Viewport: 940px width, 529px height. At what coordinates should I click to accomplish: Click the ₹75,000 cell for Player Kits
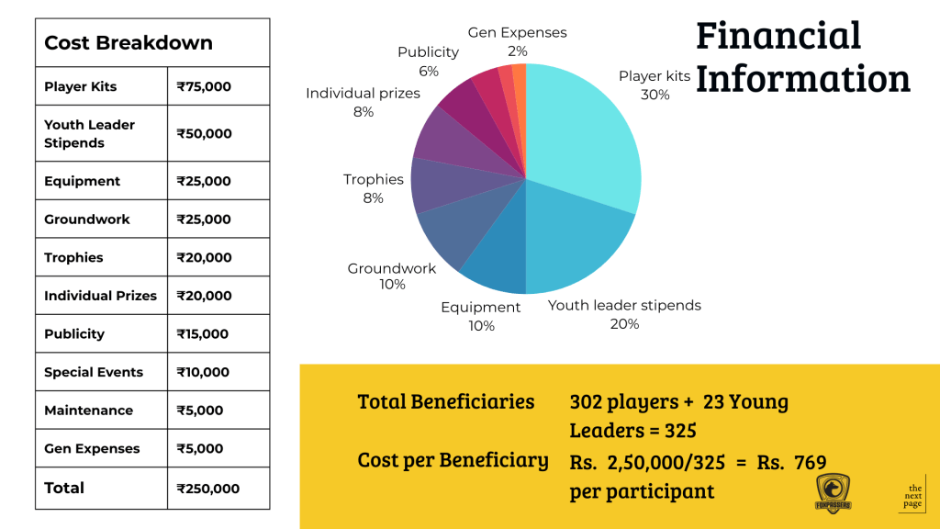tap(204, 87)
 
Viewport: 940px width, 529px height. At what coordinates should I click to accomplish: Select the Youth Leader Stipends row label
tap(89, 133)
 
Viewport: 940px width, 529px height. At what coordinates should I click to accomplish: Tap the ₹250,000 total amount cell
tap(207, 489)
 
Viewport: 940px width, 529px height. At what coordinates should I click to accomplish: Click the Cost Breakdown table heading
tap(129, 43)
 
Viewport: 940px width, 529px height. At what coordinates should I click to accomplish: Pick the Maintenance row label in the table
tap(88, 411)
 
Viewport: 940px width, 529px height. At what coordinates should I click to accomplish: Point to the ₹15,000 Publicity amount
tap(202, 334)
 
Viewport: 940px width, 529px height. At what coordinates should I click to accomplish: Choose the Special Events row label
tap(94, 372)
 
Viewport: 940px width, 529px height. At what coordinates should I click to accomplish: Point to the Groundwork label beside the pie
tap(391, 269)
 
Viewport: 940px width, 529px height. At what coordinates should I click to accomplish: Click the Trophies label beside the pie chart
tap(374, 179)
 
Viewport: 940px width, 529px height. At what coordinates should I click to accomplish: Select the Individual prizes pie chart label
tap(363, 94)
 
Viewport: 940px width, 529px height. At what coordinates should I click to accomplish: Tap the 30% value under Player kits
tap(655, 95)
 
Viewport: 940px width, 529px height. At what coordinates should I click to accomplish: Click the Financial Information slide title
tap(801, 57)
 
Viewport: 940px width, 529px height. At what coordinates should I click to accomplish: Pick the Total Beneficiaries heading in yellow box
tap(446, 401)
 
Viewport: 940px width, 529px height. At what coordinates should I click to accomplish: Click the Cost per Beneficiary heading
tap(453, 460)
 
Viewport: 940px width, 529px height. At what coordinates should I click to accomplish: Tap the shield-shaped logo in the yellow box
tap(834, 493)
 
